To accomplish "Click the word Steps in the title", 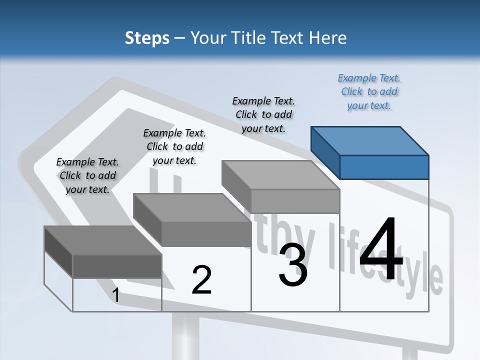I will (147, 38).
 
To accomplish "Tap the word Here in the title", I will (327, 38).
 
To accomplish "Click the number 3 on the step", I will (293, 265).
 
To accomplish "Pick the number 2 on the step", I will (201, 280).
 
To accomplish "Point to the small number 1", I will (116, 295).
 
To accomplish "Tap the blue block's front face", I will (384, 167).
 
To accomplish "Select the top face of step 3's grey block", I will (280, 175).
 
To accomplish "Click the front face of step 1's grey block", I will (117, 266).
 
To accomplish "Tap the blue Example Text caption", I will (369, 92).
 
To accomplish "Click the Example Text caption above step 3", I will (263, 114).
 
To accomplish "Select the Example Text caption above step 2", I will (174, 146).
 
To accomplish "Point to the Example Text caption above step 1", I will (87, 175).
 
